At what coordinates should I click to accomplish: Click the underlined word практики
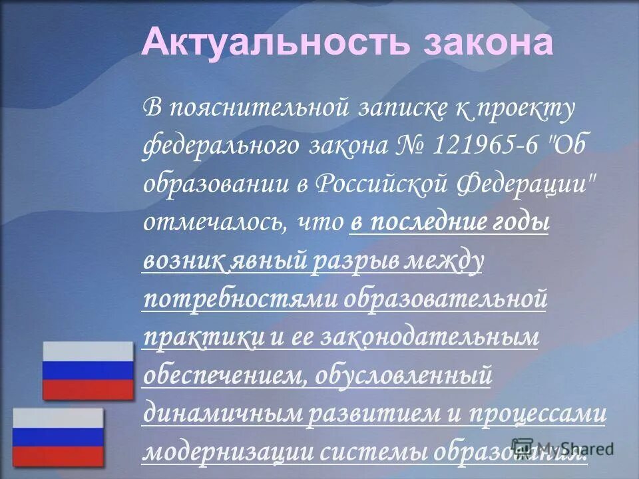tap(203, 337)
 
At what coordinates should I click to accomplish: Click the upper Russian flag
tap(88, 371)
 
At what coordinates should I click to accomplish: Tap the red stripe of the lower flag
tap(59, 456)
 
